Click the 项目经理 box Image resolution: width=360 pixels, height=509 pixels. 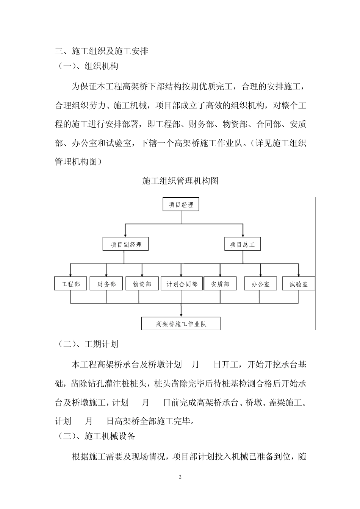coord(181,205)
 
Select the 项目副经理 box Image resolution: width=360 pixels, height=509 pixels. coord(125,244)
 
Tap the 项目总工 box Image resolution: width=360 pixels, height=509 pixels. coord(243,244)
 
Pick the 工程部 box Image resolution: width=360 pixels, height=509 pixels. coord(71,284)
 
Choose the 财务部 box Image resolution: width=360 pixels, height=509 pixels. coord(106,284)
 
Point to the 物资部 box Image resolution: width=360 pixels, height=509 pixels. coord(142,284)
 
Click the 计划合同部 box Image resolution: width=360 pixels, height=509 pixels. coord(182,284)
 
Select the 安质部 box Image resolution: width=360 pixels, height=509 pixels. coord(220,284)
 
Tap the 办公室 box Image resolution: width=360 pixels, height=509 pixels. coord(260,284)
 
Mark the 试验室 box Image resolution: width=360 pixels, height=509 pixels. coord(299,284)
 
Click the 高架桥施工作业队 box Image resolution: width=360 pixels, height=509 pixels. coord(181,324)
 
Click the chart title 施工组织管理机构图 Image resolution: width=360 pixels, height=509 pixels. coord(180,181)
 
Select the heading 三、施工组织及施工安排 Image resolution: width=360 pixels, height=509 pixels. coord(102,51)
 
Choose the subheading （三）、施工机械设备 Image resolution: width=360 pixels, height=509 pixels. coord(95,436)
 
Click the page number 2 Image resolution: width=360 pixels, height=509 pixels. coord(180,477)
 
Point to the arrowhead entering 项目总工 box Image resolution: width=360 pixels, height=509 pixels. coord(243,236)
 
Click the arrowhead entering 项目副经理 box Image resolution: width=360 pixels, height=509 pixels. coord(125,236)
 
